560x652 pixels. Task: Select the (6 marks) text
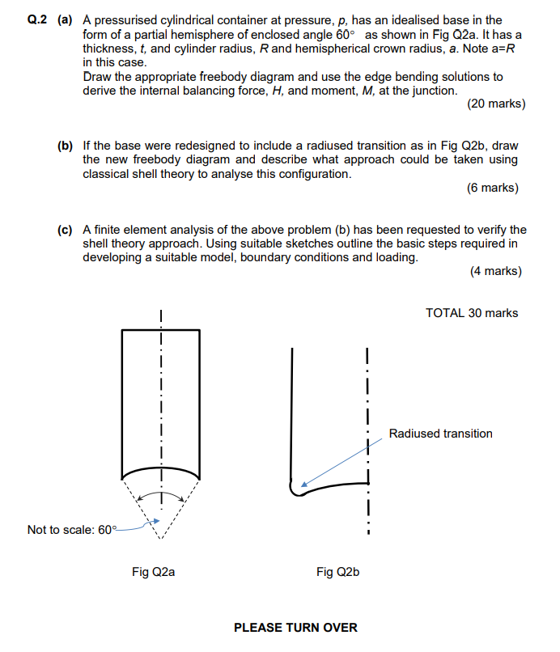click(x=492, y=188)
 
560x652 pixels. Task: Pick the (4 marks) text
click(x=495, y=271)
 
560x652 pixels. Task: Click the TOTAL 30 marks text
click(x=472, y=313)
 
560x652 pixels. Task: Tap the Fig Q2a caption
click(x=154, y=572)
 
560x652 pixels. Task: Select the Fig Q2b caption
click(x=337, y=572)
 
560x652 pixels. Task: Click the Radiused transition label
click(x=440, y=434)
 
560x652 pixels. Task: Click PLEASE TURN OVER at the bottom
click(x=295, y=628)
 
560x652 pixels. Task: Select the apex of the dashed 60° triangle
click(x=160, y=537)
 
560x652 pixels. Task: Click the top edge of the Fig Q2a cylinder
click(x=160, y=330)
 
